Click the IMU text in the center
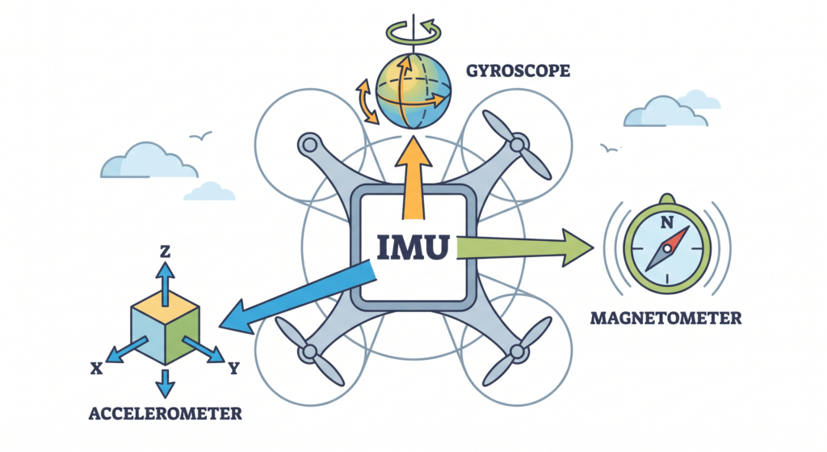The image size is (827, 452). point(413,246)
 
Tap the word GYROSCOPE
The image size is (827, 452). point(518,71)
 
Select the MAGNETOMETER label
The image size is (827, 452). point(665,318)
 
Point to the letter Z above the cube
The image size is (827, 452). point(165,252)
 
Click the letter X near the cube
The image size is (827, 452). point(97,369)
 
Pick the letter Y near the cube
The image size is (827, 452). point(233,369)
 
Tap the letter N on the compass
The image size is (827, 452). point(666,221)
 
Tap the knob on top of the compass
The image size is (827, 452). point(666,198)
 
